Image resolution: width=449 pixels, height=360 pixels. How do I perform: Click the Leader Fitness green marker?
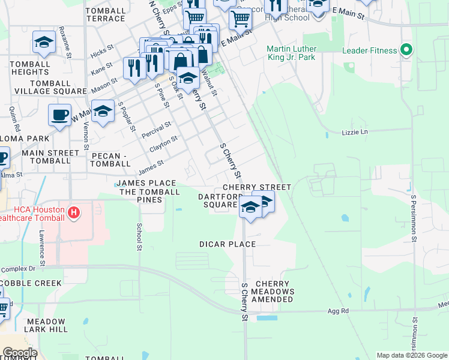[x=406, y=50]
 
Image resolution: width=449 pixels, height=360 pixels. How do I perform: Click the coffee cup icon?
[x=59, y=115]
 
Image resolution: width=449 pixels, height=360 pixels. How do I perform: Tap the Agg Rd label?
[x=338, y=311]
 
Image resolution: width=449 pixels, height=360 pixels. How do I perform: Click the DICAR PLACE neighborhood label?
[x=228, y=244]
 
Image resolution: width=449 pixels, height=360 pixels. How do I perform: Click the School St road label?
[x=139, y=236]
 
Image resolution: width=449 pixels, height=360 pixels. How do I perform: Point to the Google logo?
[x=19, y=353]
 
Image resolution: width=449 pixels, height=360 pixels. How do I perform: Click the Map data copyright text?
[x=412, y=355]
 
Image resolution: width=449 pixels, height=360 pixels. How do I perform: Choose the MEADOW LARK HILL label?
[x=45, y=326]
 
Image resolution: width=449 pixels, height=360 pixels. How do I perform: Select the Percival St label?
[x=156, y=130]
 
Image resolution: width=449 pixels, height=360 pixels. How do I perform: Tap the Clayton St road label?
[x=163, y=143]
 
